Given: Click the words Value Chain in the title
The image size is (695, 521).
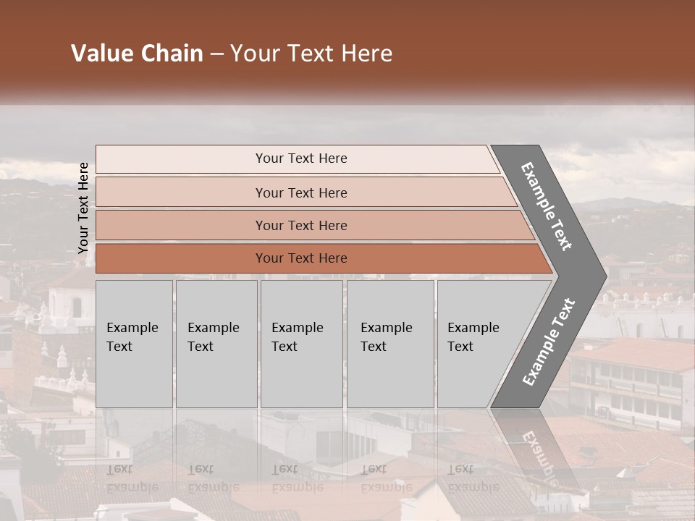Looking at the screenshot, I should coord(137,54).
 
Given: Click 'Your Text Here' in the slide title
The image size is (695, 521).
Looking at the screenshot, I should coord(311,54).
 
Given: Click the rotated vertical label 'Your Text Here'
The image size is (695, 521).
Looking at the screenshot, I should coord(83,208).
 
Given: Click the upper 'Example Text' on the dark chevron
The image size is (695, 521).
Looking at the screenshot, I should coord(547,206).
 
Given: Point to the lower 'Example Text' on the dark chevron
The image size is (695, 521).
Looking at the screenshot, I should coord(549,342).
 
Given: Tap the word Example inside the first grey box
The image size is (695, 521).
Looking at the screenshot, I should coord(132,328).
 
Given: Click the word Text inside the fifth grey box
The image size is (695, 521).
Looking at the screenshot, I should coord(460,347).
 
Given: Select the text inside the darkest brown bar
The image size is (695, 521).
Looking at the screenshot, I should coord(301,258).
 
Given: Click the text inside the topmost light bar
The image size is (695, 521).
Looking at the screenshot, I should coord(301,158).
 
